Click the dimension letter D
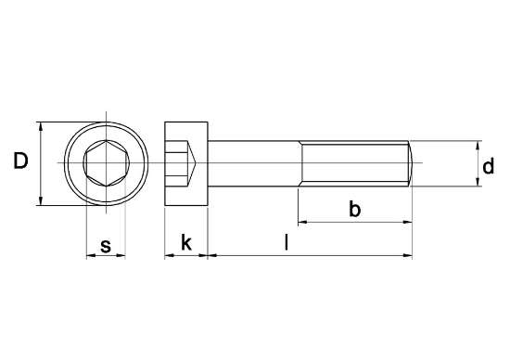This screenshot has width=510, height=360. pos(20,163)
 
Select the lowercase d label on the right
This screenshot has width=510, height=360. pos(487,167)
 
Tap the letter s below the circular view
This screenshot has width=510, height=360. pos(105,246)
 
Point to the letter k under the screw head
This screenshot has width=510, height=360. pos(185,243)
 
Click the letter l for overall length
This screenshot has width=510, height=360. pos(287,244)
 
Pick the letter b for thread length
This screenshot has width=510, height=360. pos(353,210)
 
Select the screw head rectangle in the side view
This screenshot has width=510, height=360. pos(185,164)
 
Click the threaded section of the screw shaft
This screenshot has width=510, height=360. pos(352,164)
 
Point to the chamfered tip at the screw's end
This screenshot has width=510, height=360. pos(409,164)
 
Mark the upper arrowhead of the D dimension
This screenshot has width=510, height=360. pos(42,125)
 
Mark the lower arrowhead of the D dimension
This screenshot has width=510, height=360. pos(42,202)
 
